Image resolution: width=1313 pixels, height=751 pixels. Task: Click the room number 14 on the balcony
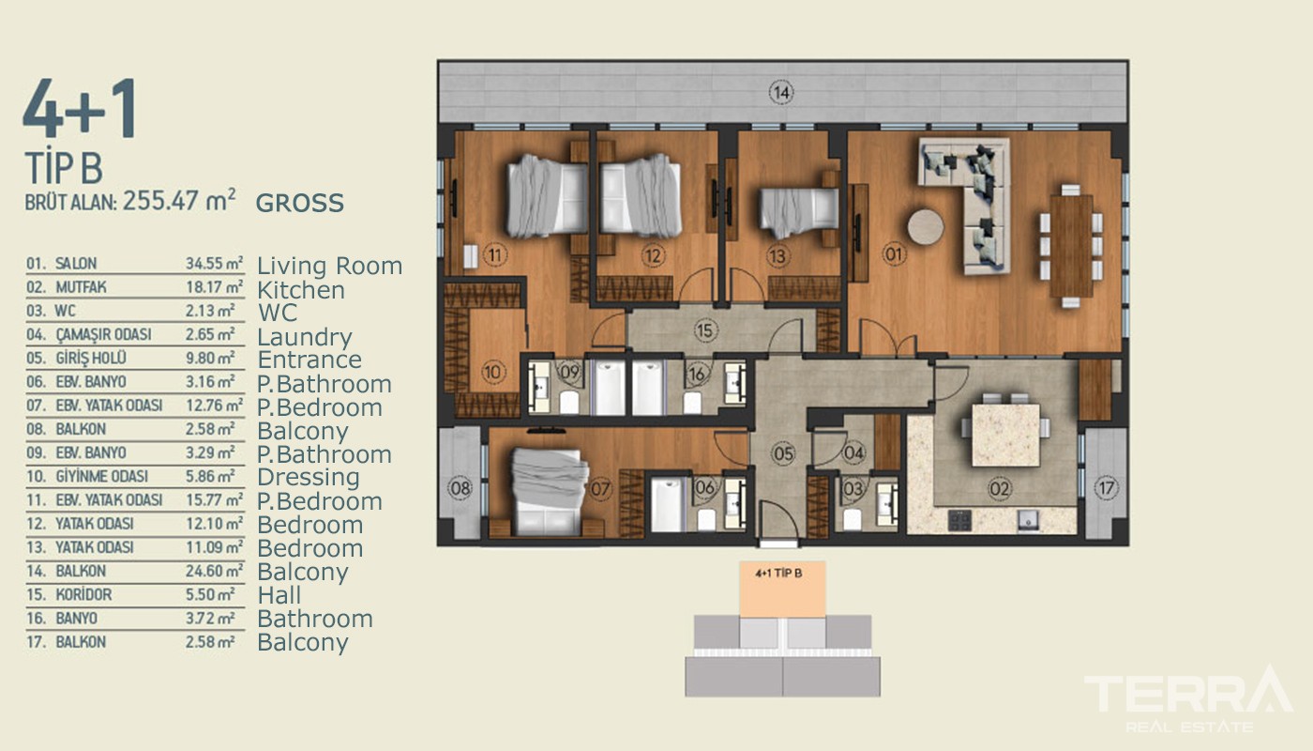tap(781, 93)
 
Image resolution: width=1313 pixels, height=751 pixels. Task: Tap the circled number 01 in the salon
tap(894, 254)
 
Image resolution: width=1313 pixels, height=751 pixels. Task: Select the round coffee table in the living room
tap(926, 227)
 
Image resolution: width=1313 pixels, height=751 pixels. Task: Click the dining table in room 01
tap(1071, 246)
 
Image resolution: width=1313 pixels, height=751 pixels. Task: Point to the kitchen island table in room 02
tap(1005, 435)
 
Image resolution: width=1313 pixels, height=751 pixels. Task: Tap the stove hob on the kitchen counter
tap(959, 520)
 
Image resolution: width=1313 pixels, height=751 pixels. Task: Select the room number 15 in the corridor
tap(705, 330)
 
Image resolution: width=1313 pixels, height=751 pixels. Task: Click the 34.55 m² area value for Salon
tap(214, 263)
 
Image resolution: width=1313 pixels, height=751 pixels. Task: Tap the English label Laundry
tap(305, 337)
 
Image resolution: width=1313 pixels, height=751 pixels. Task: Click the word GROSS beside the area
tap(299, 203)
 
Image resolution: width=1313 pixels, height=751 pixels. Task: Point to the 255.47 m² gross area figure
tap(179, 200)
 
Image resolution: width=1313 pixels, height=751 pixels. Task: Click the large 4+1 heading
tap(80, 109)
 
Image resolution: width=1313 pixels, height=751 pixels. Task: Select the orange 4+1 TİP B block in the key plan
tap(782, 590)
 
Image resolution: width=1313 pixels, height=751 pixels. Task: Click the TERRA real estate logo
tap(1188, 698)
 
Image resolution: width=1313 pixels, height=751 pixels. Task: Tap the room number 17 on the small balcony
tap(1106, 488)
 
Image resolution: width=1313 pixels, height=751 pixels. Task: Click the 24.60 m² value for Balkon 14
tap(214, 571)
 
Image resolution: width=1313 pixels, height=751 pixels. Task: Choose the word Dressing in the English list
tap(309, 478)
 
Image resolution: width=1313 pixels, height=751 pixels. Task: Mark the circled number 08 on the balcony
tap(460, 488)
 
